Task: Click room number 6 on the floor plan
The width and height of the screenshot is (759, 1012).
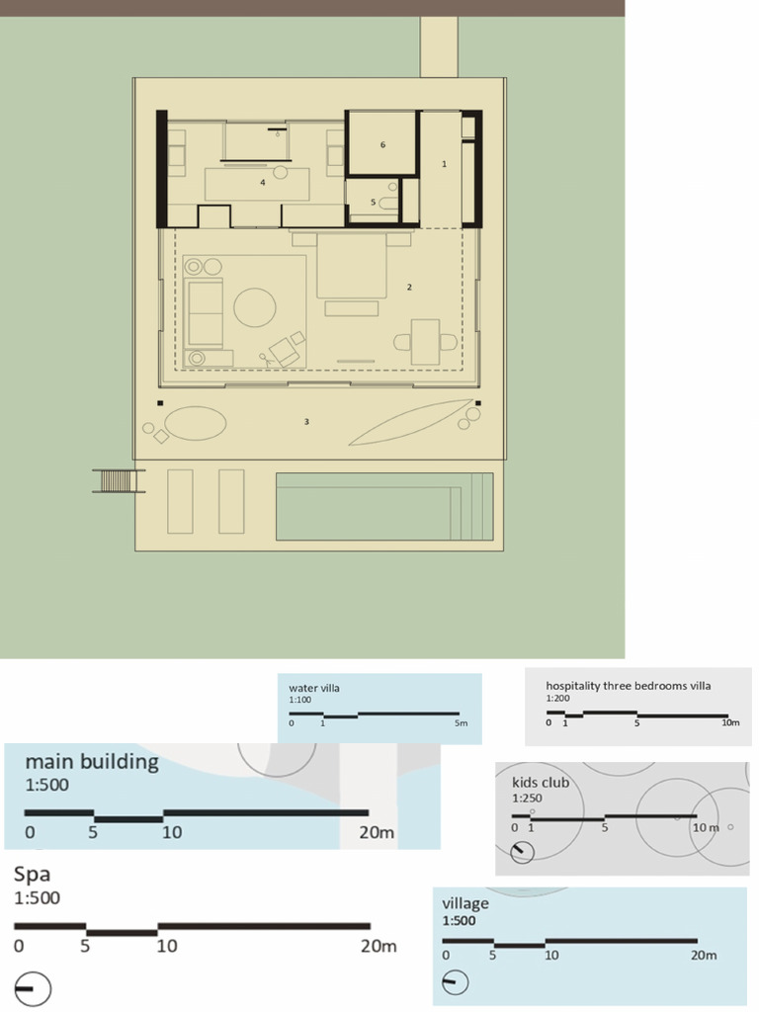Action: pyautogui.click(x=382, y=145)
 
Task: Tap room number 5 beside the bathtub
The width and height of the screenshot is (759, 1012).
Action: pyautogui.click(x=374, y=202)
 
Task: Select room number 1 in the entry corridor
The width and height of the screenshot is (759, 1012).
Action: pyautogui.click(x=444, y=164)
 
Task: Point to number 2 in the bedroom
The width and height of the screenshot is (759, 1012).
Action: pyautogui.click(x=409, y=287)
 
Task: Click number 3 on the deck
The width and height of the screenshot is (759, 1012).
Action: pyautogui.click(x=307, y=422)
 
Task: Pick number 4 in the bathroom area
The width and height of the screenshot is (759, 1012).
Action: pyautogui.click(x=263, y=182)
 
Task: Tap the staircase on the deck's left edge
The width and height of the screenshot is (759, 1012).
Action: pyautogui.click(x=118, y=481)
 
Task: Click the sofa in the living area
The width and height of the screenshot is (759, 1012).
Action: pyautogui.click(x=205, y=312)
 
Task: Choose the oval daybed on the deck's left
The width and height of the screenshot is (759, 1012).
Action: pyautogui.click(x=195, y=424)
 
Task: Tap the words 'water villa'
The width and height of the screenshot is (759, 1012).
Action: pyautogui.click(x=313, y=688)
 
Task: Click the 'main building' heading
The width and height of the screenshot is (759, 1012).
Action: pyautogui.click(x=91, y=761)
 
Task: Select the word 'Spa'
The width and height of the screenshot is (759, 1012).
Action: pyautogui.click(x=32, y=876)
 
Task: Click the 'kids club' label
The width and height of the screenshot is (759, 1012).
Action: pyautogui.click(x=534, y=783)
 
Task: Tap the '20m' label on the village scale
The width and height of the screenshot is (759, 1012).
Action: pyautogui.click(x=704, y=956)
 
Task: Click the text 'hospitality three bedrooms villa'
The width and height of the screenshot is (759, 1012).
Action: pyautogui.click(x=629, y=685)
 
